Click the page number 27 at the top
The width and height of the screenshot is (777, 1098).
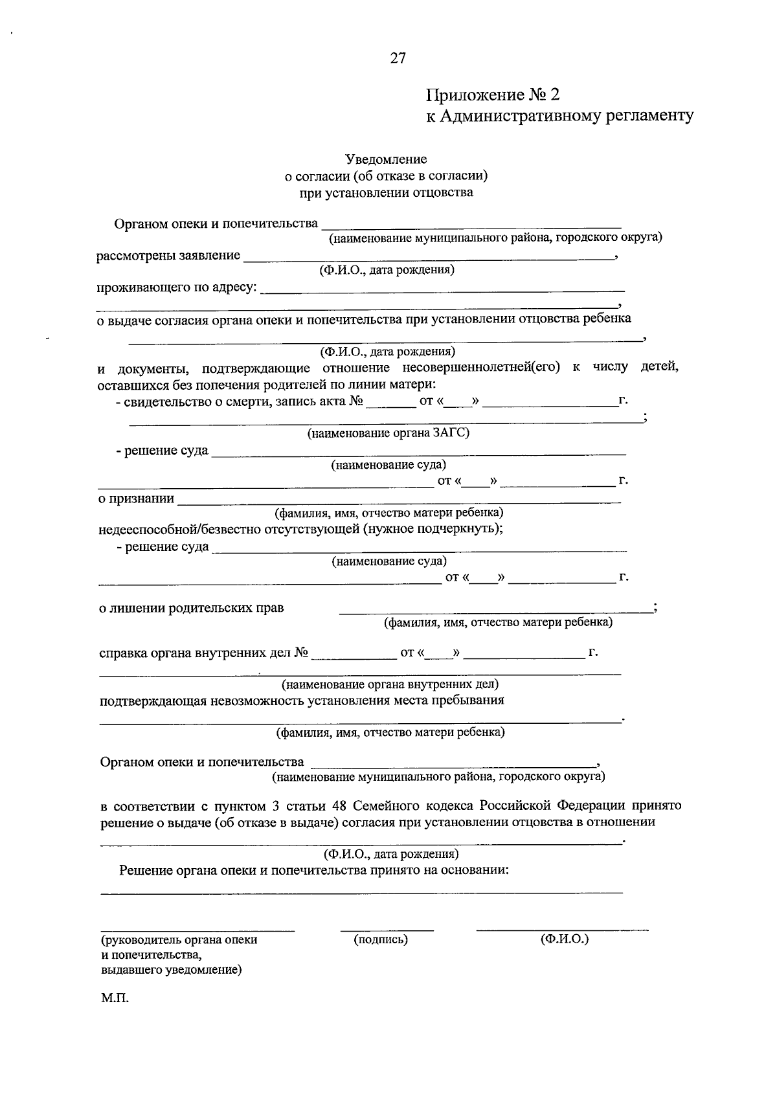[x=398, y=58]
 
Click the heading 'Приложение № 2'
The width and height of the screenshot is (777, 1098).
[x=491, y=95]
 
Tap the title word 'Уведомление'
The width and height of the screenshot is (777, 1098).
[x=386, y=159]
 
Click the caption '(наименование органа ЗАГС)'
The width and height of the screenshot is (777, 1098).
[x=388, y=433]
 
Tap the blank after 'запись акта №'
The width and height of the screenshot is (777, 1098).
[x=390, y=405]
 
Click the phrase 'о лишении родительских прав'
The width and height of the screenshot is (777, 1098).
[x=191, y=608]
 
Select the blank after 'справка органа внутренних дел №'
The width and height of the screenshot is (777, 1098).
[x=354, y=656]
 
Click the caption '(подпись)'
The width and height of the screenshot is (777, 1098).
[x=381, y=939]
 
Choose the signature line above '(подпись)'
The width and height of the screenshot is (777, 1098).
[x=387, y=930]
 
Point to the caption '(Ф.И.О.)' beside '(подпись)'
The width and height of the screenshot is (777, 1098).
[x=564, y=939]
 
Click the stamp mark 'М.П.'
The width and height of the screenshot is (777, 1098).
[x=115, y=998]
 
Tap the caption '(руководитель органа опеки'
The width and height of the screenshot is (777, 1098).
[x=179, y=940]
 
